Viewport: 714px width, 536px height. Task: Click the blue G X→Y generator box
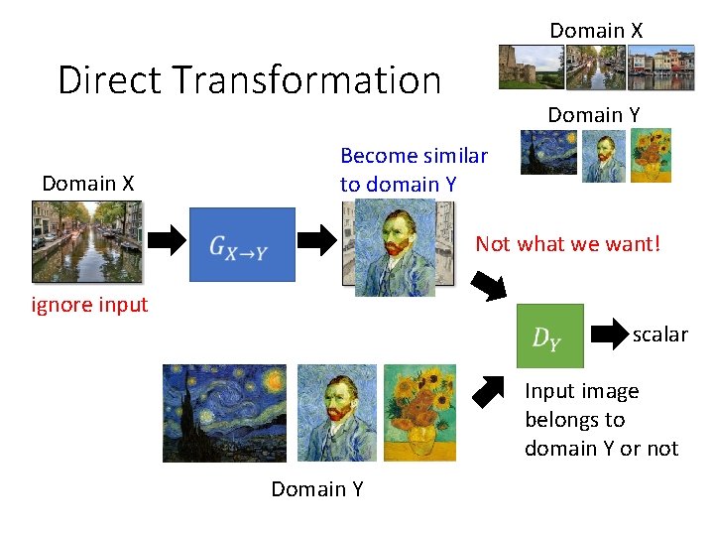tap(242, 244)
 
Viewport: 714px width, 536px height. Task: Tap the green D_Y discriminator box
tap(549, 335)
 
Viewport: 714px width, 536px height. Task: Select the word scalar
tap(659, 335)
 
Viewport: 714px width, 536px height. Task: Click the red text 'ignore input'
tap(89, 305)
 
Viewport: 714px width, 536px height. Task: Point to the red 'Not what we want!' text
tap(567, 243)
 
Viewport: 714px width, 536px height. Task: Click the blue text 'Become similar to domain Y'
tap(414, 170)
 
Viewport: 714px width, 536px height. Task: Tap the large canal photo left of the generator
tap(86, 241)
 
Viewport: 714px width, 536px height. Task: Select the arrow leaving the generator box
tap(318, 239)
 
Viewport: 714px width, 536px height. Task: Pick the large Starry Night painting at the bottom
tap(225, 413)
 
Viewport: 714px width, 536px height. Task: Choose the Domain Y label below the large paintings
tap(317, 489)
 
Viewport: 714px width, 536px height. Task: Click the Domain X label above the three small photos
tap(596, 31)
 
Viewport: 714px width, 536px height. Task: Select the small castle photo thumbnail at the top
tap(528, 67)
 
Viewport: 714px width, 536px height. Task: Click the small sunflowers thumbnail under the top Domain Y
tap(652, 155)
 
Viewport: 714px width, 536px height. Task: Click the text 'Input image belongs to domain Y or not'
tap(601, 420)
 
